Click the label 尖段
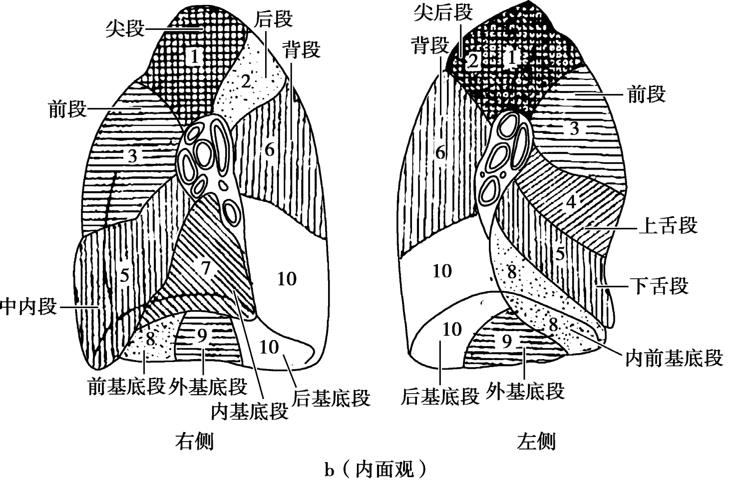(124, 28)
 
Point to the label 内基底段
(250, 411)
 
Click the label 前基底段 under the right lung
(126, 386)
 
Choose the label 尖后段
(443, 12)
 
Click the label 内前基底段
(674, 358)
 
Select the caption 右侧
(194, 442)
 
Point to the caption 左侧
(536, 442)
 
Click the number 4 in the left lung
(571, 203)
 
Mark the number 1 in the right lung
(195, 56)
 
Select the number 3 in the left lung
(574, 128)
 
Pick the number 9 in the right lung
(202, 336)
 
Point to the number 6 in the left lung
(440, 152)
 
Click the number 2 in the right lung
(245, 81)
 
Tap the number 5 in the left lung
(560, 253)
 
